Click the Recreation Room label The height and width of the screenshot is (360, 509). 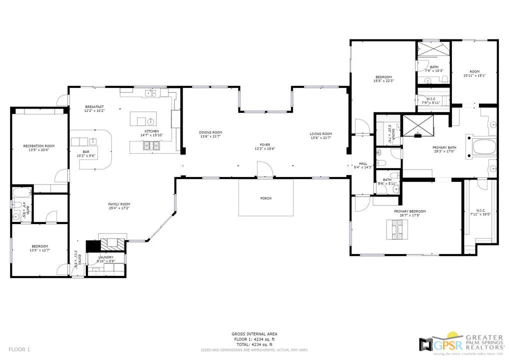tap(38, 146)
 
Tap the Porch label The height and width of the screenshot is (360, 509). tap(266, 198)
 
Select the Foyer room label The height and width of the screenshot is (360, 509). tap(265, 144)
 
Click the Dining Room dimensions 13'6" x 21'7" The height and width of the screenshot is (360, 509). tap(210, 136)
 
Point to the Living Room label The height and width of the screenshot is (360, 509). tap(320, 133)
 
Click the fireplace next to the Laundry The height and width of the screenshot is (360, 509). tap(111, 244)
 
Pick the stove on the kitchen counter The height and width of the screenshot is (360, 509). tap(152, 146)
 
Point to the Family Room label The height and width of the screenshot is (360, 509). tap(119, 204)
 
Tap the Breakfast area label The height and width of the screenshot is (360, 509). tap(94, 106)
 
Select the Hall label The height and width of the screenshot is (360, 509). tap(363, 163)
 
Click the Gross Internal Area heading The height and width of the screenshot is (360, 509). tap(254, 334)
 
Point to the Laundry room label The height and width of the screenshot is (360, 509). tap(105, 257)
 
